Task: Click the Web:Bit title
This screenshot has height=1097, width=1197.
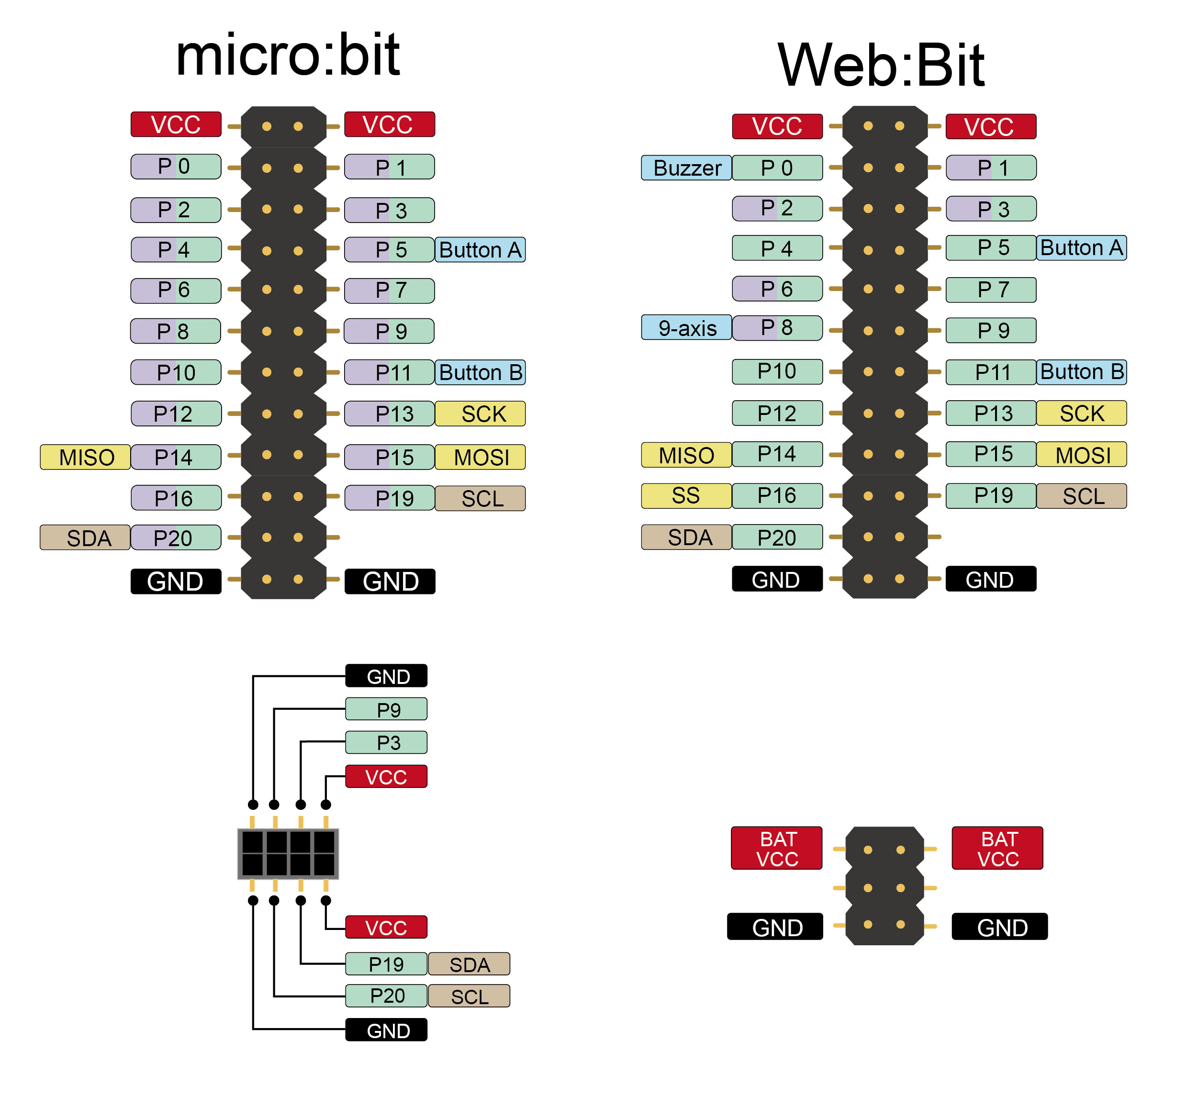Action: [882, 65]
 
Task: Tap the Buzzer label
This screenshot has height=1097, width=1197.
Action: [687, 168]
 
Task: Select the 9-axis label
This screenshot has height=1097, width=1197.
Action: [687, 328]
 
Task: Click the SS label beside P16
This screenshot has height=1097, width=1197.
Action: [686, 496]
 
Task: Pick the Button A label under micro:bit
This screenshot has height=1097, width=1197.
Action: [481, 250]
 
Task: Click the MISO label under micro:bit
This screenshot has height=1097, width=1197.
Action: [86, 457]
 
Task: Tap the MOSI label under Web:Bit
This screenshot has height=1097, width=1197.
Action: [1082, 455]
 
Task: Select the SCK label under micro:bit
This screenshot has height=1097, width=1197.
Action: [481, 414]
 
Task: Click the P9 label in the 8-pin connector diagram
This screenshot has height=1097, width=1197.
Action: [387, 709]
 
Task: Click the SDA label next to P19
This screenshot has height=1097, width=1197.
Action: [469, 964]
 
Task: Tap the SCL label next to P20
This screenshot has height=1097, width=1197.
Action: [469, 996]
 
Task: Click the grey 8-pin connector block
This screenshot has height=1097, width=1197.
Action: [288, 853]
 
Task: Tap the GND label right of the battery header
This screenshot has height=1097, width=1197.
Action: [1000, 927]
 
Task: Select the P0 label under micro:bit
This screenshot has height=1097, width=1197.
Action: [176, 167]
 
